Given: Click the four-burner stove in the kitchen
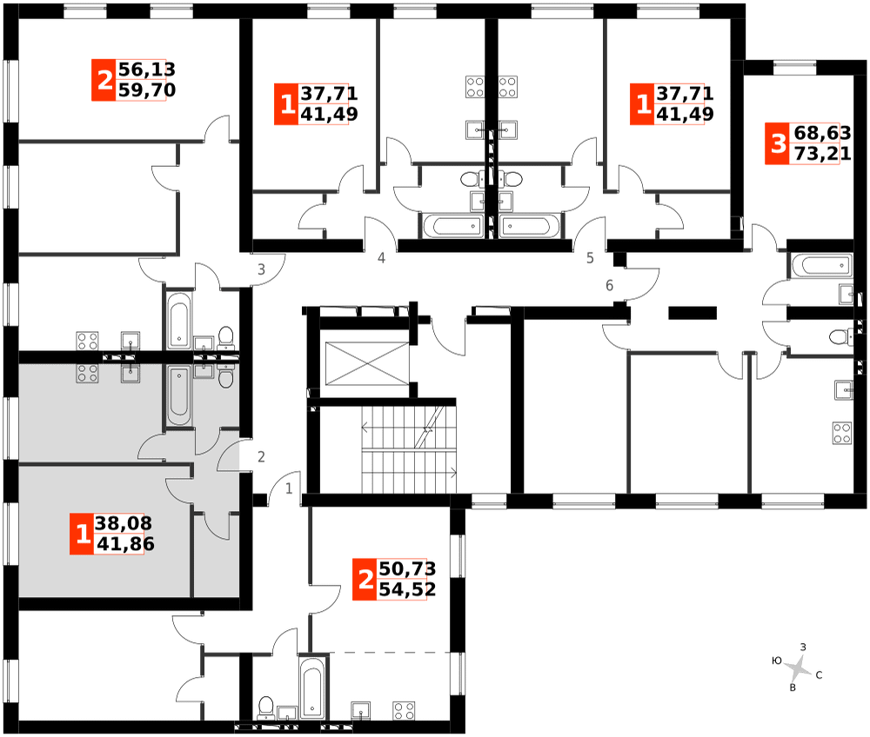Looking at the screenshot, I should (x=87, y=374).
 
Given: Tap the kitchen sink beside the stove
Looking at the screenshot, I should (x=130, y=373).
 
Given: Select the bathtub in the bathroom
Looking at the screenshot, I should (x=179, y=395).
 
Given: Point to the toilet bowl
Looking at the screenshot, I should (x=226, y=376).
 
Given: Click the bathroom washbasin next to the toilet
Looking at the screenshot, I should (x=204, y=371).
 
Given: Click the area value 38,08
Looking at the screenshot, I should (x=123, y=524).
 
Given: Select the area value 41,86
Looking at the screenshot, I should (x=124, y=545).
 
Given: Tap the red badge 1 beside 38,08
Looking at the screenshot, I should (x=82, y=534).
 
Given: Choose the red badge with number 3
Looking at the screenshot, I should (x=778, y=143).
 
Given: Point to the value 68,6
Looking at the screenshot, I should (x=816, y=133).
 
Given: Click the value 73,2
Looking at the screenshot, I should (x=816, y=155).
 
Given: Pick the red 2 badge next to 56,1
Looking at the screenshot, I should (x=104, y=81).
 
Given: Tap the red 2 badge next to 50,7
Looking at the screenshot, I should (x=365, y=579).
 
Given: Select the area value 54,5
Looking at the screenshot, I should (x=403, y=590).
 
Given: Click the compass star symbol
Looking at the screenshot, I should (x=796, y=668).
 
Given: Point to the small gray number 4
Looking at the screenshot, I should (x=381, y=257).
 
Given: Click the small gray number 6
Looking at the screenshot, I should (x=609, y=285).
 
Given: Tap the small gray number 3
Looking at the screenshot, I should (x=261, y=269).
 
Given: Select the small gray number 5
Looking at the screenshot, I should (x=590, y=257).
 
